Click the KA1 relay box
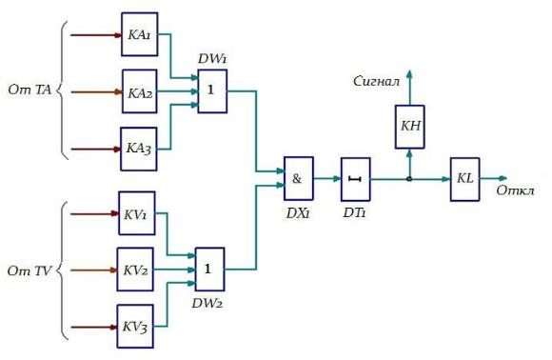coord(139,34)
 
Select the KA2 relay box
coord(139,91)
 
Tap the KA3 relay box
coord(139,149)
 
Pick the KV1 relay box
coord(137,213)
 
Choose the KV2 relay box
coord(135,270)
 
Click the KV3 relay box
coord(135,327)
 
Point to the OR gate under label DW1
coord(212,91)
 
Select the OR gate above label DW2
coord(209,270)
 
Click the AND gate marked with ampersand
coord(299,179)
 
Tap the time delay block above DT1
coord(356,179)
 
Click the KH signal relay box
coord(410,127)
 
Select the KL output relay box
coord(465,179)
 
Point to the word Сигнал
coord(377,82)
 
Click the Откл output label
coord(515,190)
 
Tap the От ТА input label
coord(30,90)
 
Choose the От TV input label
coord(30,270)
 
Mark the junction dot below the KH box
coord(409,179)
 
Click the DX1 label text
coord(298,213)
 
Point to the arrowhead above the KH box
coord(409,73)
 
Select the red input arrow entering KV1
coord(94,213)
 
